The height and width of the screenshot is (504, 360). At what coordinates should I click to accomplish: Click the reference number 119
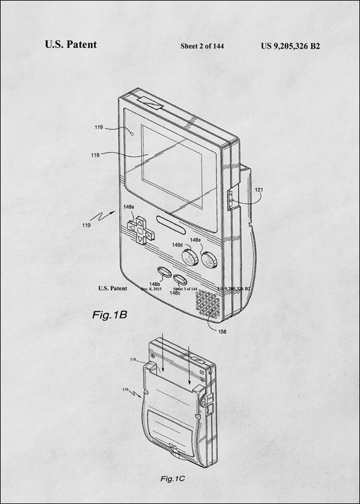click(x=99, y=127)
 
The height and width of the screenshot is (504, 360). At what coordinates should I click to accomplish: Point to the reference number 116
click(x=96, y=154)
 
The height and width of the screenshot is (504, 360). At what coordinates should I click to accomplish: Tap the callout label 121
click(x=259, y=190)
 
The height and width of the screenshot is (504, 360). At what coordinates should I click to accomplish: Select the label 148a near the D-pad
click(x=129, y=207)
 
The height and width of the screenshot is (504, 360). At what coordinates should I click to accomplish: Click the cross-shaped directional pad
click(x=139, y=230)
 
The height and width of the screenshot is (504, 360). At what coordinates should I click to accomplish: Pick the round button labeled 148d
click(x=190, y=259)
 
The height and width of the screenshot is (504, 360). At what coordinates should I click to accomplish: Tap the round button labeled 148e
click(x=209, y=260)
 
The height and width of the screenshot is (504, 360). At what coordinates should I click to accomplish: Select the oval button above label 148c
click(x=179, y=279)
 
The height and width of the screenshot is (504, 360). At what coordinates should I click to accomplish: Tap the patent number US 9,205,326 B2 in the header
click(x=291, y=45)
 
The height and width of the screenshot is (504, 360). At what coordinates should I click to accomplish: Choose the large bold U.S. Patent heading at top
click(x=71, y=44)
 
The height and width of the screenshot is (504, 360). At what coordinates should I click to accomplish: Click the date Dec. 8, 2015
click(x=151, y=289)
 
